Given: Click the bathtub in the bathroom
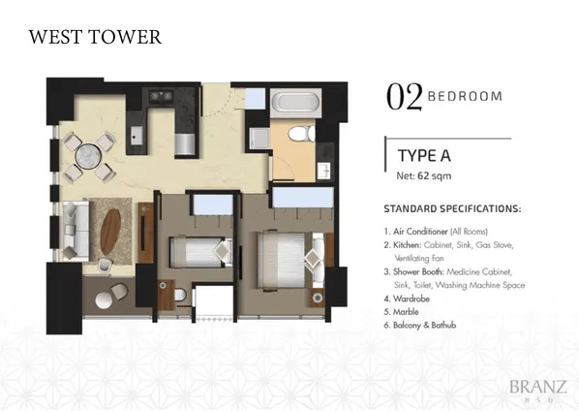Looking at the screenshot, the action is [x=295, y=103].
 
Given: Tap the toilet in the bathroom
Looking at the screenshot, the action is [x=301, y=134].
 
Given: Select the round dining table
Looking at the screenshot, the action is [x=88, y=156].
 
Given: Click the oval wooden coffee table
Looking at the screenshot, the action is [x=110, y=232].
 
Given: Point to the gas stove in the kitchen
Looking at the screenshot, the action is [x=161, y=96].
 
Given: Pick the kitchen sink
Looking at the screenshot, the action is [x=137, y=136].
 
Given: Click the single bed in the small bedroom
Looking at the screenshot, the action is [x=200, y=252].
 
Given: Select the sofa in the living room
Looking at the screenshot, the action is [x=76, y=231].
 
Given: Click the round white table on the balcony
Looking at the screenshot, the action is [x=104, y=300].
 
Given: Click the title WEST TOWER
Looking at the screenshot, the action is [x=95, y=37].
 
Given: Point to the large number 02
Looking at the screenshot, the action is [x=404, y=97].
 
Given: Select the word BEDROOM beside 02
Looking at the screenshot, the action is [x=465, y=97].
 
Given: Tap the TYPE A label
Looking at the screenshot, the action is [x=424, y=156].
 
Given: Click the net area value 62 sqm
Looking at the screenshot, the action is [x=434, y=175].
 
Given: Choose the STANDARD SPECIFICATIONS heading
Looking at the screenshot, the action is [x=452, y=208].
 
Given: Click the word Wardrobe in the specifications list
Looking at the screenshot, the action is [x=411, y=299].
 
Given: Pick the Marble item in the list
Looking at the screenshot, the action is [x=406, y=312].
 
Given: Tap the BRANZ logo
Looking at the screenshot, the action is [x=538, y=387].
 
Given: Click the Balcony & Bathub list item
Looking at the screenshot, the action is [x=424, y=326].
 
